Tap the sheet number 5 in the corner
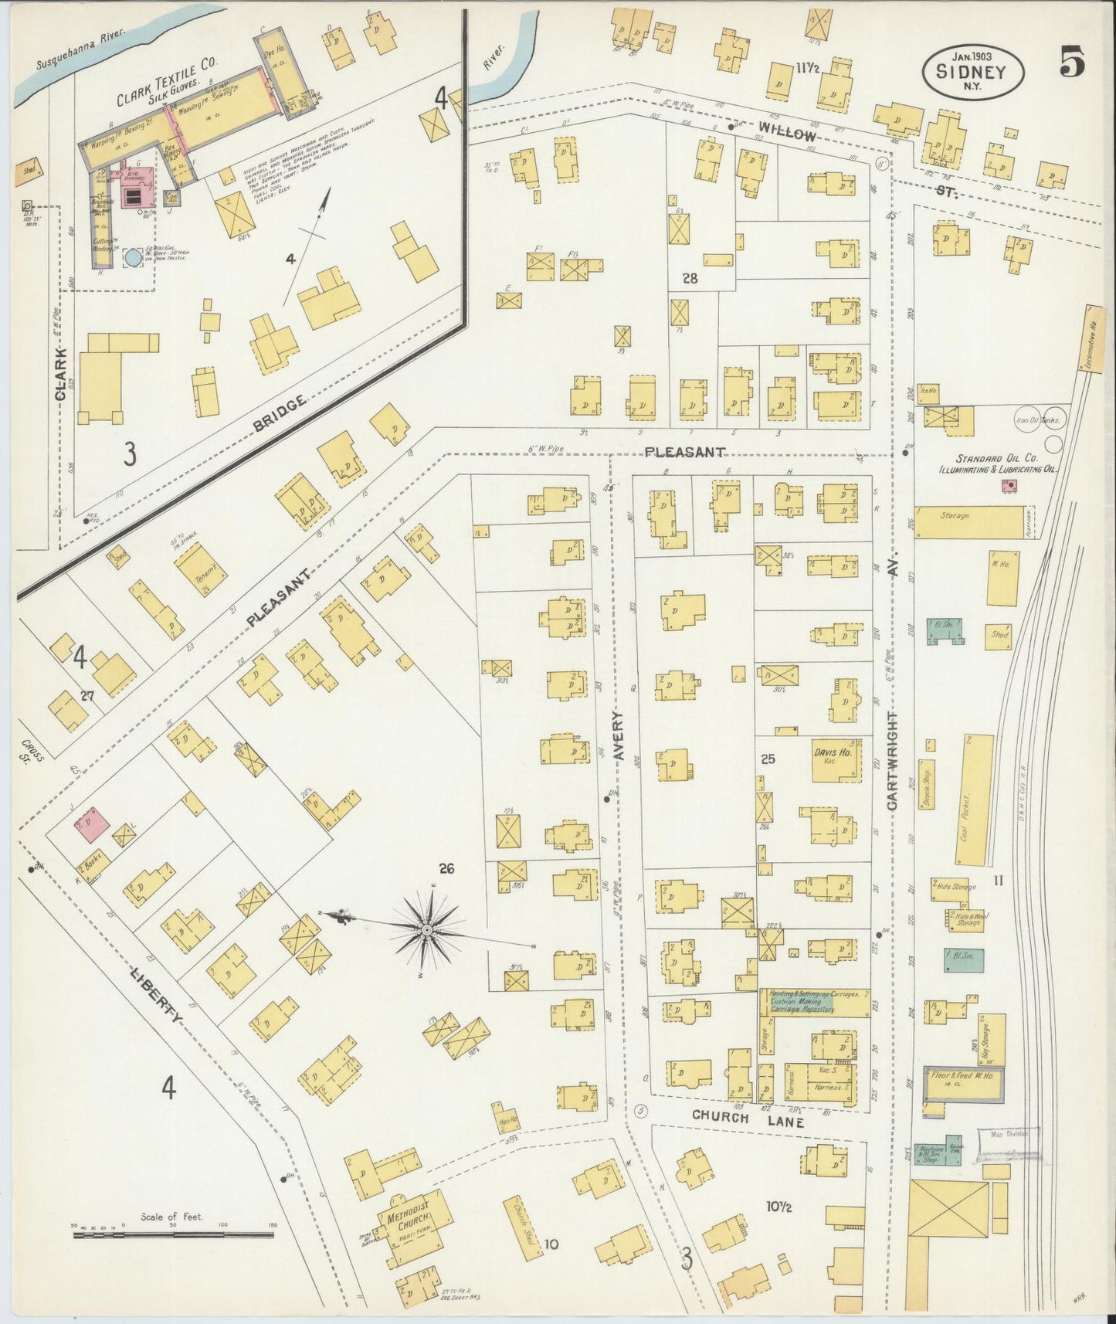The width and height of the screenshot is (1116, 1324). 1072,62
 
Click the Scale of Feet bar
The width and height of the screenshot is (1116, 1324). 173,1235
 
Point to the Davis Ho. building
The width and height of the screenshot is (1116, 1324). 832,754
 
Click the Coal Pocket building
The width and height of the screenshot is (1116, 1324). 973,799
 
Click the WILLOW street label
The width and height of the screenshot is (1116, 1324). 785,133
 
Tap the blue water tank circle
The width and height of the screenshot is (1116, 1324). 134,258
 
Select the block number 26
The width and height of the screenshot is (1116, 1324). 446,869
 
